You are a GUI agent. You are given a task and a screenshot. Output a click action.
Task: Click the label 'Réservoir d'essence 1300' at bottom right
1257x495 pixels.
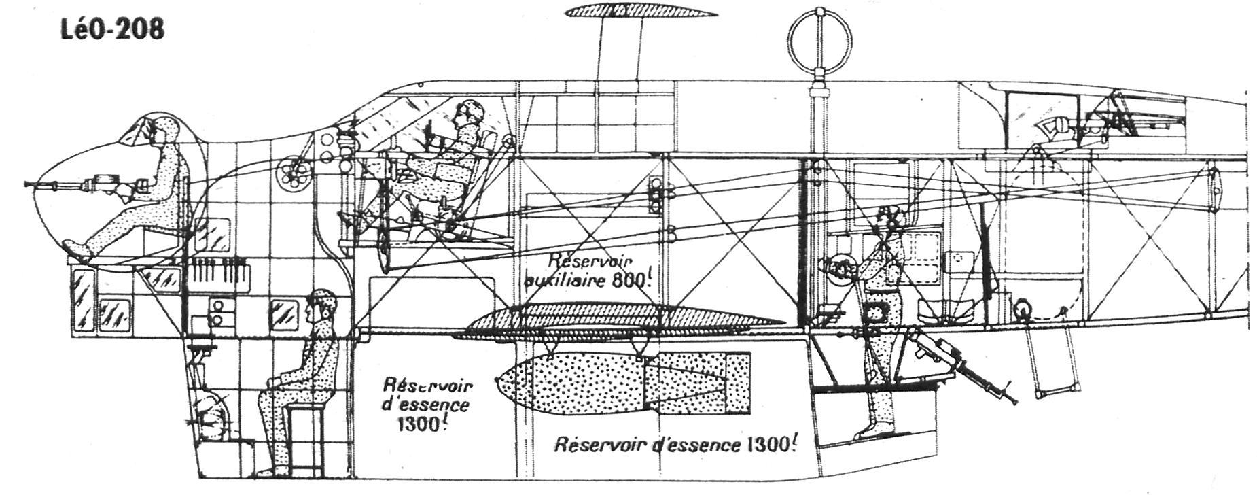pyautogui.click(x=674, y=445)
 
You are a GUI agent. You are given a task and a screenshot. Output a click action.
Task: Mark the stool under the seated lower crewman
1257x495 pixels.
pyautogui.click(x=299, y=435)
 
